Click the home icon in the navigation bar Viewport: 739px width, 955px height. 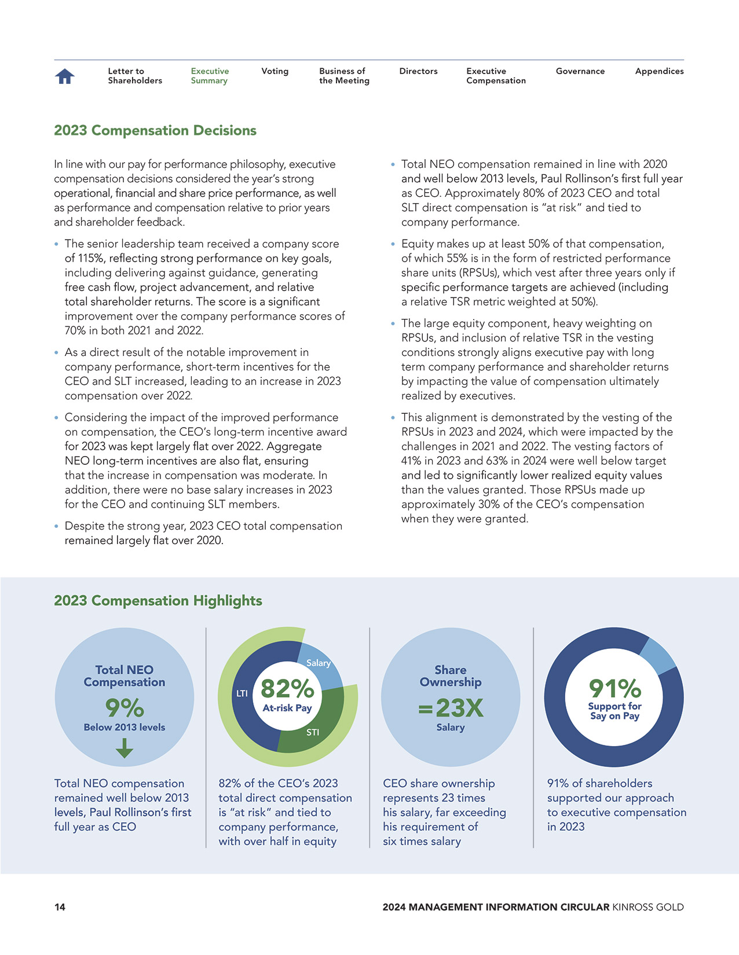point(65,76)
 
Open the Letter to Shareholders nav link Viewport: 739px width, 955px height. point(134,76)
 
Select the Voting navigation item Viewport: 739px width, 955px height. point(275,71)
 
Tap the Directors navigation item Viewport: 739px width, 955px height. point(418,71)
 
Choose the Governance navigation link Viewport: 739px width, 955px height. point(580,71)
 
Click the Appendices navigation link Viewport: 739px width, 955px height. point(659,71)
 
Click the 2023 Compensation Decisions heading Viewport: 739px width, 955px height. point(155,131)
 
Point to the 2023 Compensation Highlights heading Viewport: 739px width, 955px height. point(158,601)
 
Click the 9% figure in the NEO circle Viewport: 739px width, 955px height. point(125,708)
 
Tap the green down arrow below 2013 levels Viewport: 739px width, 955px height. point(125,750)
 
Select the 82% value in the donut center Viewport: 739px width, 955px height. point(287,689)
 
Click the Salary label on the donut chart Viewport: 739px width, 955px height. point(318,663)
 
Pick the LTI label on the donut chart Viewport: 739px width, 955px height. point(242,693)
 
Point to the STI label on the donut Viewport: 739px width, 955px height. point(313,732)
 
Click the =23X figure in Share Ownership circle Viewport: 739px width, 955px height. point(451,708)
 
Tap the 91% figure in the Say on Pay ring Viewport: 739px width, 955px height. point(614,689)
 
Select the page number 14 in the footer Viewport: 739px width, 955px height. point(60,907)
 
